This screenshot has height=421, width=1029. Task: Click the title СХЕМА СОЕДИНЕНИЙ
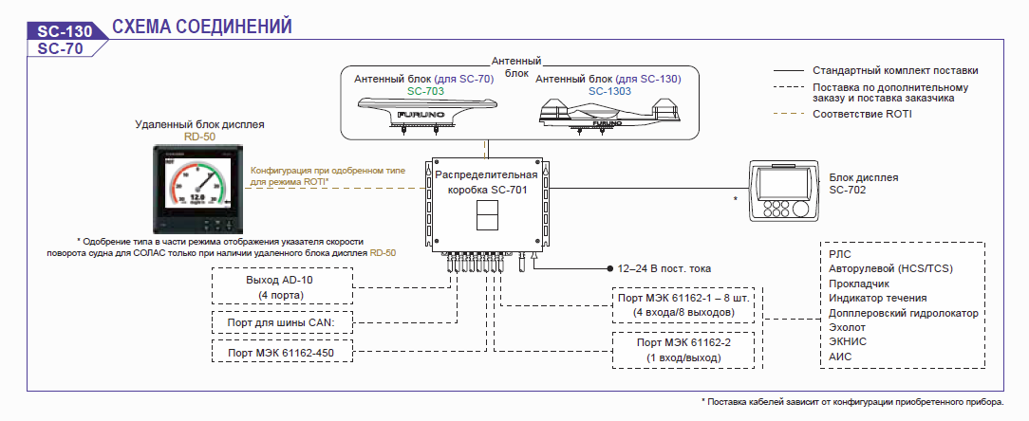tap(202, 27)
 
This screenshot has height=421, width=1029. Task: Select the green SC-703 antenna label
tap(426, 91)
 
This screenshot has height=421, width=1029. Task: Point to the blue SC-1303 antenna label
tap(609, 91)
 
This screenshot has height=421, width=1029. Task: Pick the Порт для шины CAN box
tap(282, 322)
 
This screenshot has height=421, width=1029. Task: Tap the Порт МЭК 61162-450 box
tap(282, 351)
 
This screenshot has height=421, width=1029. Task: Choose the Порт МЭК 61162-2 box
tap(683, 350)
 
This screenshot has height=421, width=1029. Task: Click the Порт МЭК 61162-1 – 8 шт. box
tap(683, 305)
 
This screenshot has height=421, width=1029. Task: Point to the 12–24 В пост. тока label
tap(664, 268)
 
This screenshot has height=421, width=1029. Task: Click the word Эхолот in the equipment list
tap(848, 327)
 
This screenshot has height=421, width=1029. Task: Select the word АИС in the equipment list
tap(842, 357)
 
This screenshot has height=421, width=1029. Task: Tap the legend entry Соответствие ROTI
tap(862, 114)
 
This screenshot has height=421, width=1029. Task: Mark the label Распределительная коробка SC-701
tap(487, 182)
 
